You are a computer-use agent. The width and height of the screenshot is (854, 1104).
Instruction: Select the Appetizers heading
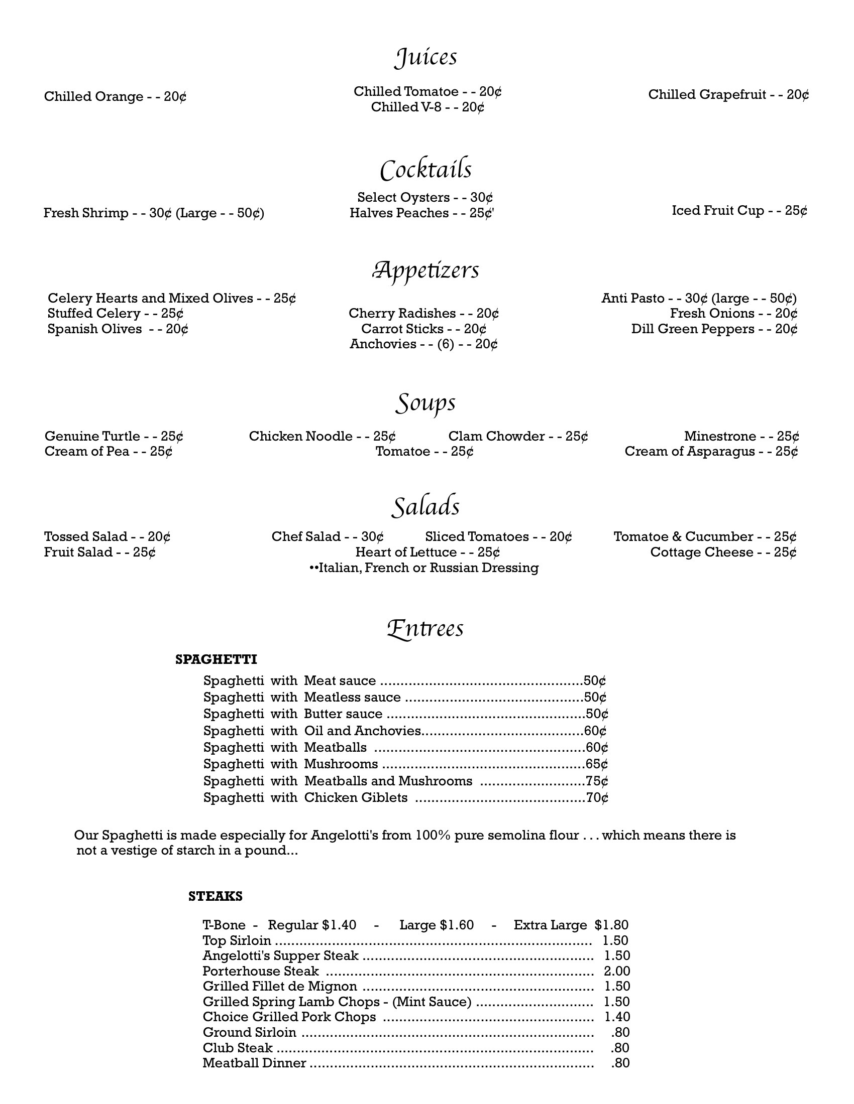tap(425, 270)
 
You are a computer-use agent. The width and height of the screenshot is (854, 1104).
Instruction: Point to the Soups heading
tap(425, 403)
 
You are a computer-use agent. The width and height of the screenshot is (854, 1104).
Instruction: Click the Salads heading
tap(425, 506)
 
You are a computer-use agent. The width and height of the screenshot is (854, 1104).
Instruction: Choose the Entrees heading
tap(425, 629)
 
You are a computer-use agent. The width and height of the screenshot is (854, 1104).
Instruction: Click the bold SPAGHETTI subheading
tap(216, 659)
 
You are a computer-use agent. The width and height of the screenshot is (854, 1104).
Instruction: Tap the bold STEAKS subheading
tap(216, 896)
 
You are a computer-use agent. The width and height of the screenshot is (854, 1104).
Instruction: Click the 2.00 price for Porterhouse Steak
tap(617, 971)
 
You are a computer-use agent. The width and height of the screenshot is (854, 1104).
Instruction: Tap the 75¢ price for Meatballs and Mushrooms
tap(596, 781)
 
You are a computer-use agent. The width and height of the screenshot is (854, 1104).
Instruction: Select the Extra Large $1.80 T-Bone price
tap(571, 925)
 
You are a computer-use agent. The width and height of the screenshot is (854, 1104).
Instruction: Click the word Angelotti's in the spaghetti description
tap(345, 835)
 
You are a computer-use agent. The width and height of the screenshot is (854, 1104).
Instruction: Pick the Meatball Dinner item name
tap(255, 1063)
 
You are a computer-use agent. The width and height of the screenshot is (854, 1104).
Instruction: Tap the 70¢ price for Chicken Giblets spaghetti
tap(597, 798)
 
